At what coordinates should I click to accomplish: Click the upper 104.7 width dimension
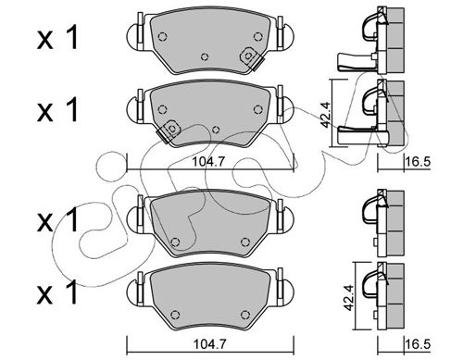click(x=207, y=162)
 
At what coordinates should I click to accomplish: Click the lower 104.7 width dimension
click(x=209, y=343)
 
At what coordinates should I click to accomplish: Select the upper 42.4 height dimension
click(x=325, y=115)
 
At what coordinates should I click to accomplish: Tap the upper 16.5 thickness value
click(x=419, y=161)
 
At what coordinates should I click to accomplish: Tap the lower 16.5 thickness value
click(x=419, y=344)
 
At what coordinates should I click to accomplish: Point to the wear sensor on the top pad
click(x=251, y=58)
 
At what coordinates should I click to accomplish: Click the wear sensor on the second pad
click(x=169, y=130)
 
